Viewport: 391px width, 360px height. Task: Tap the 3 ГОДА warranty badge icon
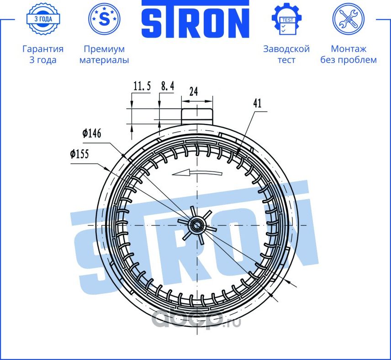(x=42, y=19)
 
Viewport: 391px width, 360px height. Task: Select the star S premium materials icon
(x=104, y=19)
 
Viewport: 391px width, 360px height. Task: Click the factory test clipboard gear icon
(x=286, y=19)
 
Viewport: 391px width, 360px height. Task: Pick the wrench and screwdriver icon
(x=348, y=19)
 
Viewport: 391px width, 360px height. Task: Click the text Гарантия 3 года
(x=42, y=54)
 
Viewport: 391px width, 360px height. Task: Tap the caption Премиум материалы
(x=104, y=54)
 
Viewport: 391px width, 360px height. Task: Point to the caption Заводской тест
(x=286, y=54)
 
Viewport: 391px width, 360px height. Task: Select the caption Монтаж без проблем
(x=348, y=54)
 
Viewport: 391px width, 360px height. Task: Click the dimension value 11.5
(x=142, y=86)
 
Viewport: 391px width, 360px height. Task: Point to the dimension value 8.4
(x=168, y=86)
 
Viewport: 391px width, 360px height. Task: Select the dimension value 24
(x=193, y=90)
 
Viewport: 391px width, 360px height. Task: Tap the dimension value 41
(x=257, y=103)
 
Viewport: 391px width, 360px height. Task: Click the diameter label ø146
(x=91, y=133)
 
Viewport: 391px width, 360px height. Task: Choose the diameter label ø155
(x=79, y=154)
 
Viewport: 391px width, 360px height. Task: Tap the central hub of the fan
(x=197, y=225)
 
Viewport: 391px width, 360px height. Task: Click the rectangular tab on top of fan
(x=197, y=114)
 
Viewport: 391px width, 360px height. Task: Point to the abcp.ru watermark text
(x=196, y=320)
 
